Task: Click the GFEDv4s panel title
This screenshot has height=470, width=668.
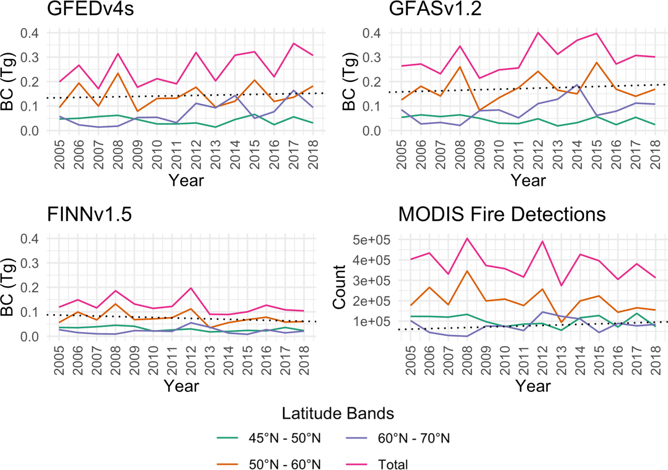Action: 90,9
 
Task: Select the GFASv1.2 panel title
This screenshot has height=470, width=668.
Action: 435,9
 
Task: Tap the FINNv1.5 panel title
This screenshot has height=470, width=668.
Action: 89,215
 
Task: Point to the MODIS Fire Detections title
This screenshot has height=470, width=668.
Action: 502,215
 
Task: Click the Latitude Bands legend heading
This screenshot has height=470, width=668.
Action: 338,414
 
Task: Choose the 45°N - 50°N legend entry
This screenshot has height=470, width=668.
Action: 285,438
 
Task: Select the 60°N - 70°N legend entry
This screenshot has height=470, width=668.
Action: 414,438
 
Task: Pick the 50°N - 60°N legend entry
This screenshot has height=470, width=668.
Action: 285,464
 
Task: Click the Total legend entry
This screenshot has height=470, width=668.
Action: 393,464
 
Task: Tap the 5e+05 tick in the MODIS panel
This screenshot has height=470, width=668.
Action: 372,240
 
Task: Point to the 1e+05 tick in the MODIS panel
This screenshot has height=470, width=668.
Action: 372,322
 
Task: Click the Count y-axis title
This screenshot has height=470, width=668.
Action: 339,287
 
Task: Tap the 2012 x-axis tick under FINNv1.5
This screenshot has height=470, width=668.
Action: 191,359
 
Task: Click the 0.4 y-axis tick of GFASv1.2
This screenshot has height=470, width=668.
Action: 372,33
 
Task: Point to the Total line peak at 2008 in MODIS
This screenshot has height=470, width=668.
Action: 467,239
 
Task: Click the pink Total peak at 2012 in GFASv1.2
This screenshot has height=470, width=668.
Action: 538,33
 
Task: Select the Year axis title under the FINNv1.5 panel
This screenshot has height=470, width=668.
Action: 181,386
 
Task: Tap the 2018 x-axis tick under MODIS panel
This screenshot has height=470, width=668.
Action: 655,359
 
